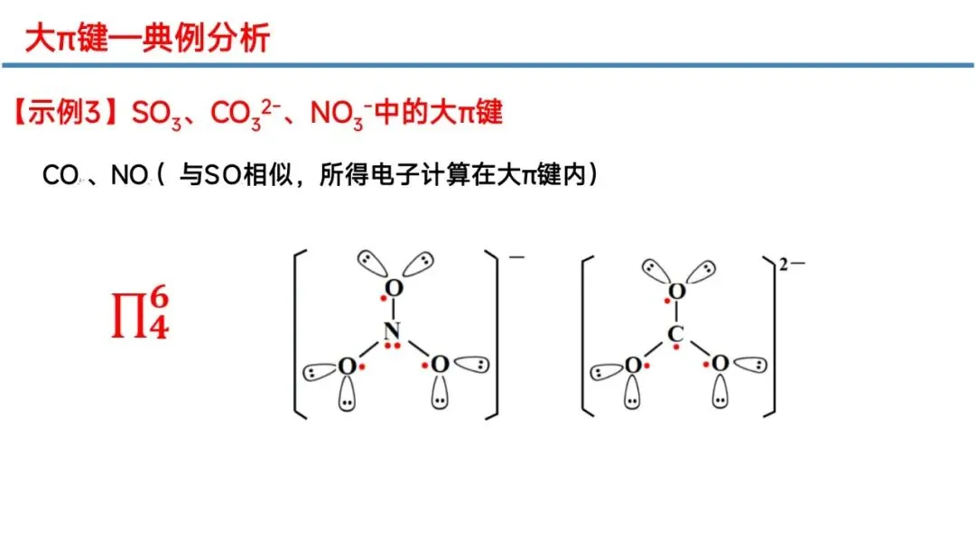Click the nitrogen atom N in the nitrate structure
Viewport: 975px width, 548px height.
(390, 330)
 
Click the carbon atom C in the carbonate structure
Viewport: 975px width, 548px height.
(676, 335)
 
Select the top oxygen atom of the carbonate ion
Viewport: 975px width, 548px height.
(677, 291)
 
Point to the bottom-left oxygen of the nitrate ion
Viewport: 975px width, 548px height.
(347, 366)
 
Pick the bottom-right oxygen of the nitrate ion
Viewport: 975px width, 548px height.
(440, 365)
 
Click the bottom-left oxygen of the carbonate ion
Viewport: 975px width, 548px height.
(633, 365)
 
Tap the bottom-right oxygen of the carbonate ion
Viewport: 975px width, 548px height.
(720, 363)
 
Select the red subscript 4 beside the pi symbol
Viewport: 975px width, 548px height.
(159, 327)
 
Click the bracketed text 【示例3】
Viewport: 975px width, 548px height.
(68, 114)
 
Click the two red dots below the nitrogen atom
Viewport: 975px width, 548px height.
(392, 347)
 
